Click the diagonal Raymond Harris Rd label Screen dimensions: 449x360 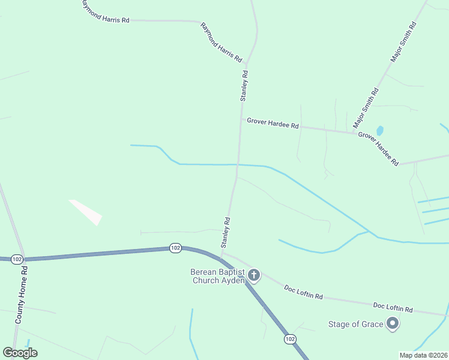pyautogui.click(x=221, y=43)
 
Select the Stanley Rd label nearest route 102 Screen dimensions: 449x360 pyautogui.click(x=226, y=233)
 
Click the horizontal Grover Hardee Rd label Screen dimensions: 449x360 pyautogui.click(x=273, y=125)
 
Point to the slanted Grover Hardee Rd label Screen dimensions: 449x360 pyautogui.click(x=378, y=149)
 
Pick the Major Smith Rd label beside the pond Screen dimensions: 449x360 pyautogui.click(x=366, y=108)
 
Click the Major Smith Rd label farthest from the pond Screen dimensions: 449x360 pyautogui.click(x=403, y=43)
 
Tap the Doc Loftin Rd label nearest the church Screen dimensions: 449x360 pyautogui.click(x=303, y=293)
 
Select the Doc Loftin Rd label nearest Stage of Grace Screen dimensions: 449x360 pyautogui.click(x=393, y=308)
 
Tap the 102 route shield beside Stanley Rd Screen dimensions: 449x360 pyautogui.click(x=175, y=247)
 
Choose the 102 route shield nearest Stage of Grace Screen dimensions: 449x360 pyautogui.click(x=290, y=339)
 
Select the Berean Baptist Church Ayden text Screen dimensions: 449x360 pyautogui.click(x=217, y=276)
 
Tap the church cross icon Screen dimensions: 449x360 pyautogui.click(x=254, y=276)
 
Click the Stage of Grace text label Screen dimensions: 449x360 pyautogui.click(x=355, y=325)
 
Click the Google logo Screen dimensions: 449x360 pyautogui.click(x=20, y=353)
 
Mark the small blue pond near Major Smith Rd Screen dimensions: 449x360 pyautogui.click(x=379, y=130)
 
